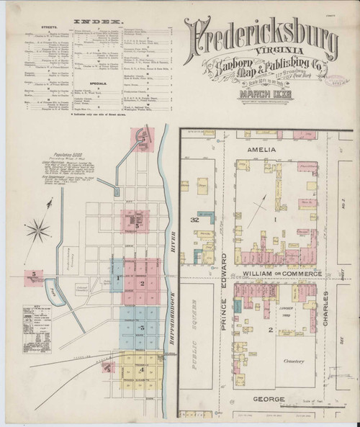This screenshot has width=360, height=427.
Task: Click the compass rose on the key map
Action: click(37, 230)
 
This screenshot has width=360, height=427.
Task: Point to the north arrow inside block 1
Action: click(266, 204)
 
